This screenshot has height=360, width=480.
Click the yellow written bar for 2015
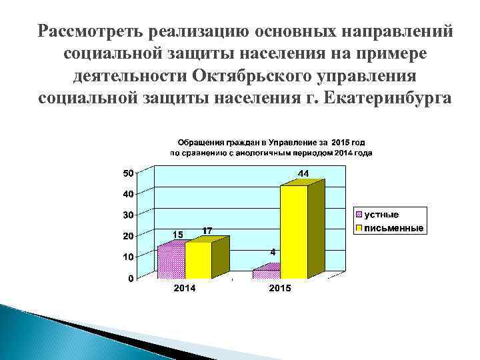tap(294, 231)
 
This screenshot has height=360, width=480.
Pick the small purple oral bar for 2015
tap(267, 273)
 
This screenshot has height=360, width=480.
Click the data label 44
tap(303, 174)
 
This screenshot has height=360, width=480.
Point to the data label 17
tap(207, 231)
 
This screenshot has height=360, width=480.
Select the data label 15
tap(178, 235)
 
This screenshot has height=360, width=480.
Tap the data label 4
tap(273, 253)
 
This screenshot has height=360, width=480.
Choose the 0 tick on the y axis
tap(130, 278)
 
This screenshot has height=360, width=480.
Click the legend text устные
tap(381, 215)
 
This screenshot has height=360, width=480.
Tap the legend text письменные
tap(394, 228)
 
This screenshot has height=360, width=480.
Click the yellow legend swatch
tap(359, 228)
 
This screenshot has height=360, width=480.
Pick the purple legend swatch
tap(359, 215)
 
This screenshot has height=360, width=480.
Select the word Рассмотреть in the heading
tap(93, 31)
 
